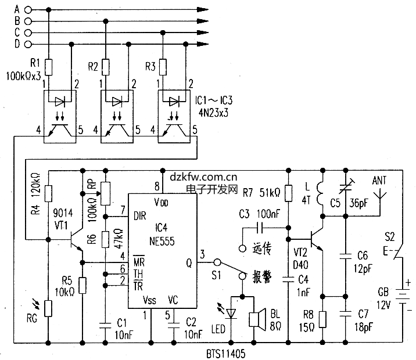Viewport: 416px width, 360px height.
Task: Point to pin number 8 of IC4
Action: pyautogui.click(x=156, y=186)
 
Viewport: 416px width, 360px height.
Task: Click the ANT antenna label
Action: pyautogui.click(x=381, y=181)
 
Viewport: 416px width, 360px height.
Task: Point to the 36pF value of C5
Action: pyautogui.click(x=358, y=203)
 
